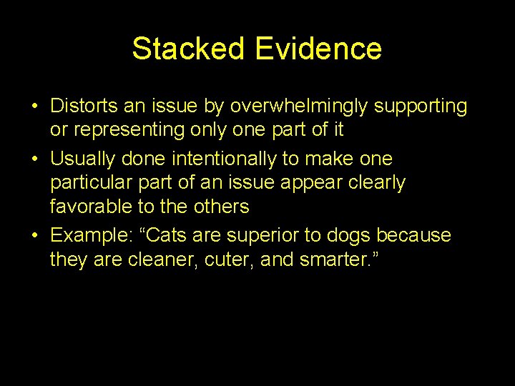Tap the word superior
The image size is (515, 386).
click(x=242, y=236)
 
